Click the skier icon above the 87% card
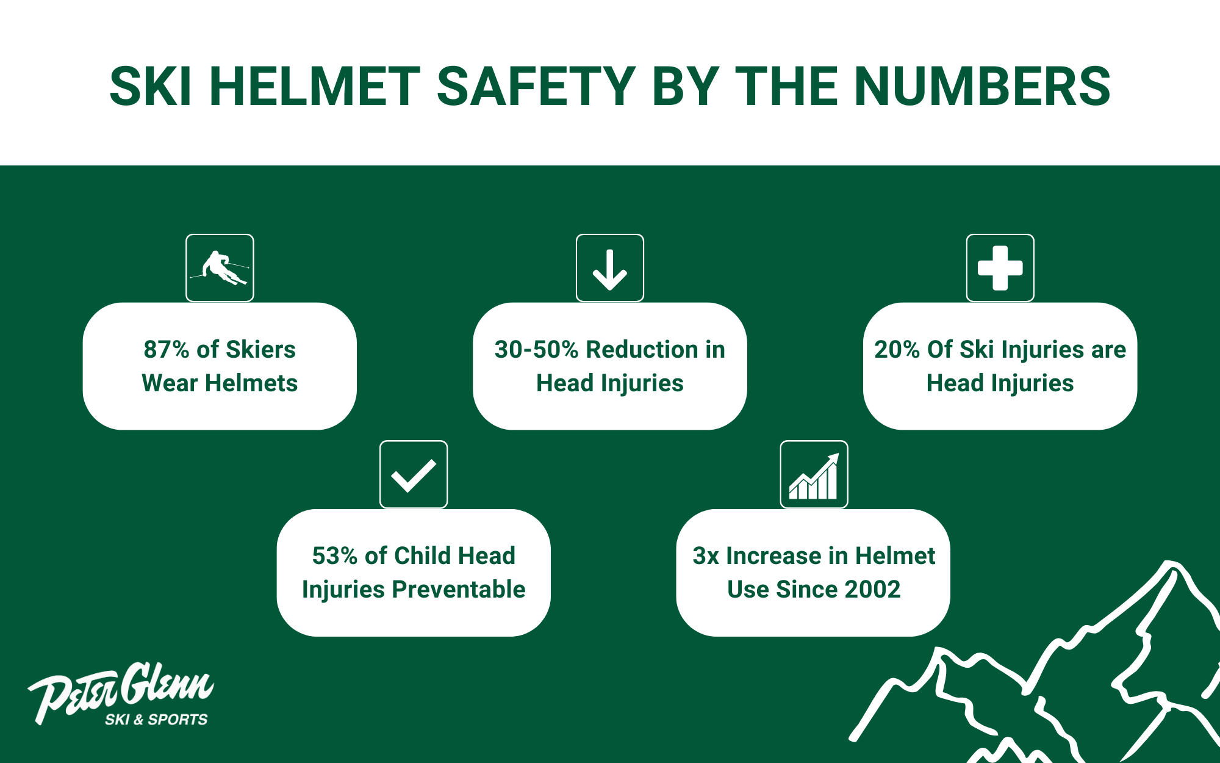(x=220, y=268)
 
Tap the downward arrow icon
(x=610, y=270)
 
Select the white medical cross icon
(x=1000, y=268)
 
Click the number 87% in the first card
(x=167, y=349)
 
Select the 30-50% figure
(x=536, y=349)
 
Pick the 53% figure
(x=334, y=555)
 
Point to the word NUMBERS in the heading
(x=982, y=86)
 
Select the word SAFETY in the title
(x=536, y=86)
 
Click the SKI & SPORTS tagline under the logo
(x=156, y=720)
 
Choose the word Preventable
(x=458, y=590)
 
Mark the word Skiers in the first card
(x=260, y=349)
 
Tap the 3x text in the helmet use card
(x=706, y=556)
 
